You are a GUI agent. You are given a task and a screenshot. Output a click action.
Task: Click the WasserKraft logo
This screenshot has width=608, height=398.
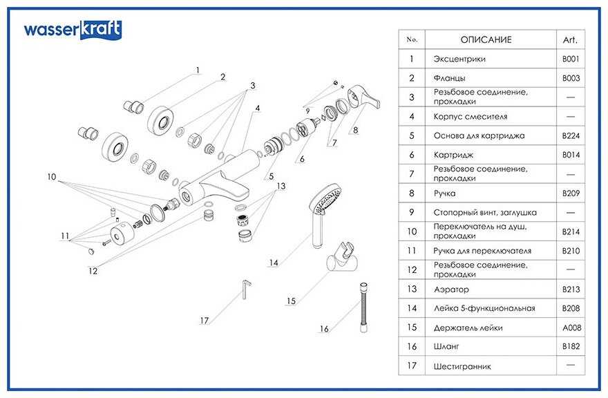coord(73,29)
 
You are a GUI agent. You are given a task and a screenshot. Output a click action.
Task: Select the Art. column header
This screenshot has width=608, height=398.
coord(570,39)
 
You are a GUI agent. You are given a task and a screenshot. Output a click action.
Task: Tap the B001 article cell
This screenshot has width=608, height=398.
coord(571,59)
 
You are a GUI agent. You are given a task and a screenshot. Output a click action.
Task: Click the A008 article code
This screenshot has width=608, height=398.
coord(571,328)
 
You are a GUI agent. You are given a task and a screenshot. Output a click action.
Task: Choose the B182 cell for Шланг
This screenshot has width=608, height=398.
coord(571,346)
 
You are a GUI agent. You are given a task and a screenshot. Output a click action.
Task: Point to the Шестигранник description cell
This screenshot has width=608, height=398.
coord(462,366)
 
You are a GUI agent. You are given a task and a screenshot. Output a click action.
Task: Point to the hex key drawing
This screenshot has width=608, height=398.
coord(246,290)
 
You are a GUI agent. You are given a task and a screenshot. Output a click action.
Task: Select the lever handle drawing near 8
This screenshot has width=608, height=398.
coord(361,98)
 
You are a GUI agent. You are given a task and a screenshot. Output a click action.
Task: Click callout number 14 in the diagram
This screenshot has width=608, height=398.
coord(274,263)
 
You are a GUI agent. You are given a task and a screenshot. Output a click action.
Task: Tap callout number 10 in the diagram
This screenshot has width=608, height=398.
coord(52,177)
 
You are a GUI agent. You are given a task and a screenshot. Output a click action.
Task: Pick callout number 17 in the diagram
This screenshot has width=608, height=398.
coord(204,321)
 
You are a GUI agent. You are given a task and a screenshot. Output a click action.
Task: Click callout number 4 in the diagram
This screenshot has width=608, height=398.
coord(257,108)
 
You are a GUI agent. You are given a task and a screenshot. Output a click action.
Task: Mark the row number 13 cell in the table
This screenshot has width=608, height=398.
coord(412,290)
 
